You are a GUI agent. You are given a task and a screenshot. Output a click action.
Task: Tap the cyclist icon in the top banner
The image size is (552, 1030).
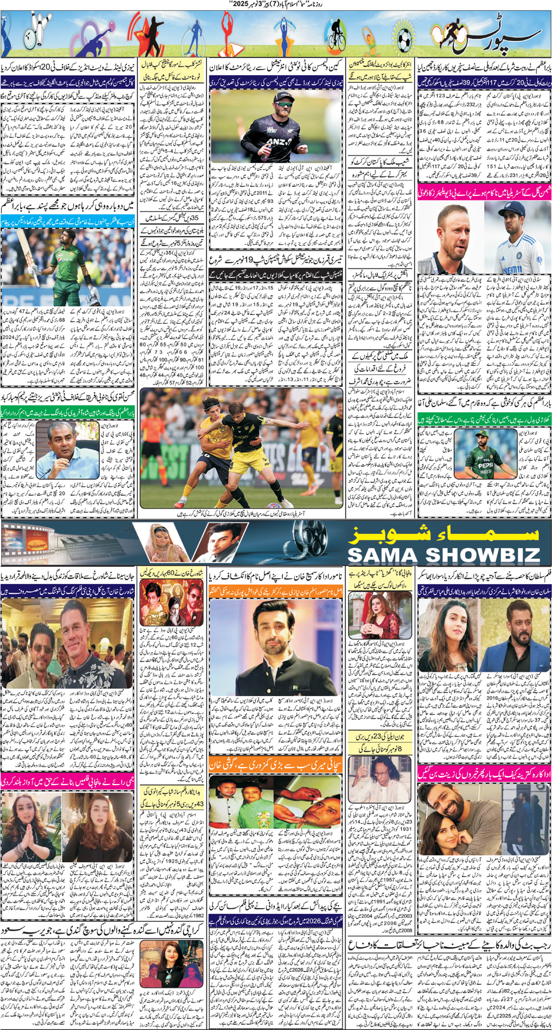[x=335, y=36]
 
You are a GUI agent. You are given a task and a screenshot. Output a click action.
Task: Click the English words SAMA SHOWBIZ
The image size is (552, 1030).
[x=443, y=555]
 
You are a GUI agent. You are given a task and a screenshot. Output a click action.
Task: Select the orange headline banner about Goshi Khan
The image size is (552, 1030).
[x=275, y=765]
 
